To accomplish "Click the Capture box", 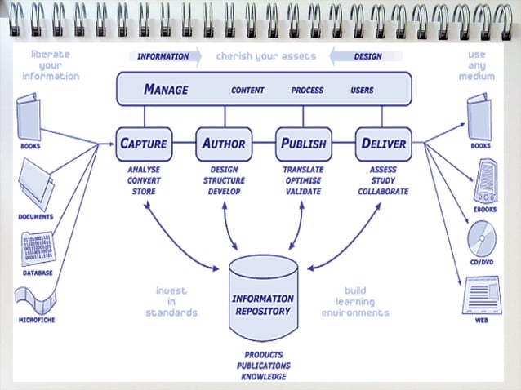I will tap(144, 144).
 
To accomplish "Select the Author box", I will tap(224, 144).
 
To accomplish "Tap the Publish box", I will tap(303, 144).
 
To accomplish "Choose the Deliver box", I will tap(383, 144).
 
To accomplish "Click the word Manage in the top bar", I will tap(166, 90).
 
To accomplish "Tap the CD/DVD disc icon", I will tap(480, 238).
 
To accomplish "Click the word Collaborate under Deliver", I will tap(383, 192).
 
